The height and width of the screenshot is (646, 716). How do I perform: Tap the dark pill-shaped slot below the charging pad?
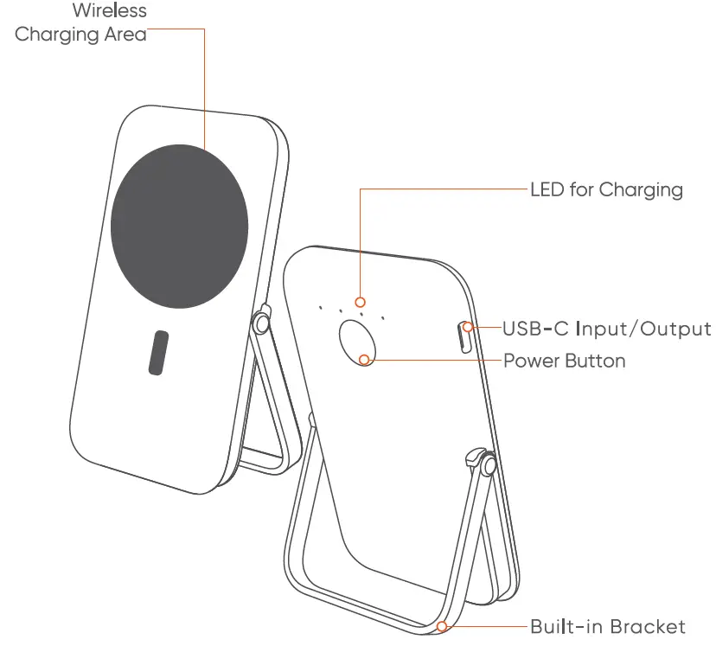[157, 352]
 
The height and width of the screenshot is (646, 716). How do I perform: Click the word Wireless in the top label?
[110, 11]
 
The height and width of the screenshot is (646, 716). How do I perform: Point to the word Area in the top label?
[122, 35]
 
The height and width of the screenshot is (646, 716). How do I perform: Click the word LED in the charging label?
[547, 189]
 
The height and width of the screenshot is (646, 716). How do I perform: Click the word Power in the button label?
[530, 360]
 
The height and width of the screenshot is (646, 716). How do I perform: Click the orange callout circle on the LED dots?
[361, 302]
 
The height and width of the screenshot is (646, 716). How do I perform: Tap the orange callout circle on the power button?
[365, 360]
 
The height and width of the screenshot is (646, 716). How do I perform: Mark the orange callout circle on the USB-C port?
[469, 327]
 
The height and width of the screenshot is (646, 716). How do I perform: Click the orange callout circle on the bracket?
[443, 626]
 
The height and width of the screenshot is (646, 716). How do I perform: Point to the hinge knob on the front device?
[260, 324]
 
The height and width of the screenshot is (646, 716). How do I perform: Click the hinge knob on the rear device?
[488, 465]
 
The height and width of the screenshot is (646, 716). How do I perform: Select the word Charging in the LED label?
[641, 189]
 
